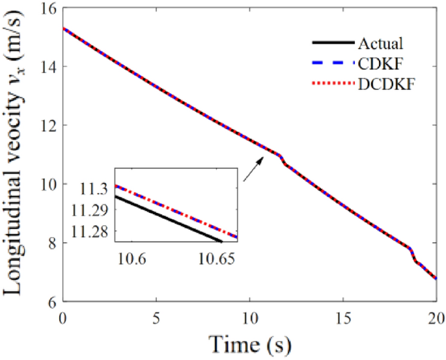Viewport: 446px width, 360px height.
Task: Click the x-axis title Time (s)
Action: (x=249, y=342)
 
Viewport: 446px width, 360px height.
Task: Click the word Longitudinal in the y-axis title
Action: (x=18, y=241)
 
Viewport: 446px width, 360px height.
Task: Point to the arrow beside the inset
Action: (x=254, y=169)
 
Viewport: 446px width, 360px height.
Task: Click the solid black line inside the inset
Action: (x=169, y=219)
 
